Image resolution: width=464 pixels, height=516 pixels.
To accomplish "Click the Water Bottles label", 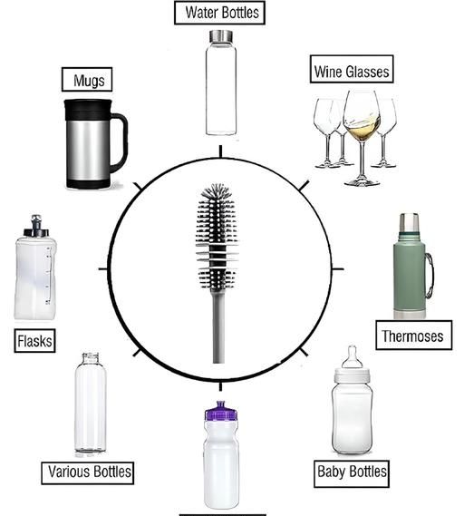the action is coord(219,13).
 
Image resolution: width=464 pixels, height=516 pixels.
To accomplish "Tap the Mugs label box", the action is coord(87,79).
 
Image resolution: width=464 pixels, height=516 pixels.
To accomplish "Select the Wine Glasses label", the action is coord(352,69).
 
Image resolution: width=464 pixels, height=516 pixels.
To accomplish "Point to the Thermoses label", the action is coord(413,335).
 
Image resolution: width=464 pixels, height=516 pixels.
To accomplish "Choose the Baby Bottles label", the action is coord(352,474).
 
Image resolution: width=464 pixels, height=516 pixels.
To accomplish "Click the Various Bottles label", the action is coord(88,472).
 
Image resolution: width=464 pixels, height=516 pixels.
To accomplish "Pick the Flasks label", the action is coord(34,341).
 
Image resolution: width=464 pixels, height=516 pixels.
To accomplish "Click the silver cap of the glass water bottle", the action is coord(221,36).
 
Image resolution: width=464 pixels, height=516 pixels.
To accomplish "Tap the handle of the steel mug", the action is coord(119,142).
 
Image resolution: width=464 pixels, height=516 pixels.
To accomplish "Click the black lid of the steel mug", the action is coord(88,110).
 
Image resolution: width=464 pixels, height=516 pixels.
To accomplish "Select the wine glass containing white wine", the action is coord(362,138).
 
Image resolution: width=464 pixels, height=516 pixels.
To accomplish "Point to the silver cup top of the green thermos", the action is coord(409,222).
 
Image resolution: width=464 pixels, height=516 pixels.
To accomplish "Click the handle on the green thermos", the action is coord(430,276).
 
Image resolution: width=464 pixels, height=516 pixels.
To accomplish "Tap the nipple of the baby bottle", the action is coord(353,356).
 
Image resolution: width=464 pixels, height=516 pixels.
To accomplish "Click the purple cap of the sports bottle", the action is coord(221,412).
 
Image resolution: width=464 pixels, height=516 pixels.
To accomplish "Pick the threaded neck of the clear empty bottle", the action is coord(91,358).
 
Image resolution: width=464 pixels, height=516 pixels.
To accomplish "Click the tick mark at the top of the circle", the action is coord(220,151).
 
